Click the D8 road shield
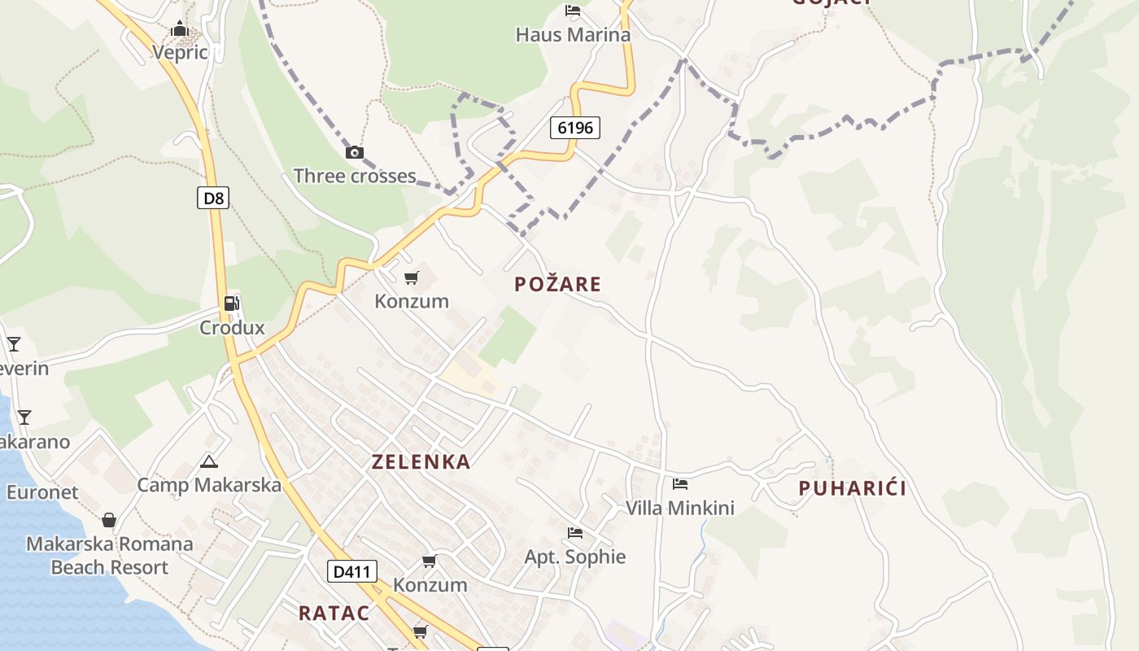(213, 198)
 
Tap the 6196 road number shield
(575, 127)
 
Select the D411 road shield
(352, 571)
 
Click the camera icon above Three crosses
(355, 152)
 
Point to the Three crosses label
(355, 176)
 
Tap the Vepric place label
(180, 53)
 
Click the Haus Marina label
(573, 35)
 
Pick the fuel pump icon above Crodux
(232, 304)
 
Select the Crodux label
(233, 328)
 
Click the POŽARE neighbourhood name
(558, 284)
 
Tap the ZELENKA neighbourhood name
(421, 462)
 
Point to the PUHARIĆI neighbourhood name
(853, 488)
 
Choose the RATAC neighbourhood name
(334, 614)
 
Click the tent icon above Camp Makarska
(209, 462)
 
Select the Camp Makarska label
(209, 485)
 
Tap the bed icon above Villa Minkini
(680, 484)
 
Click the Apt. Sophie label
(575, 557)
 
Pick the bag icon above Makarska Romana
(109, 520)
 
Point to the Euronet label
(42, 492)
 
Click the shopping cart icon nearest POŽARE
(412, 278)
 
